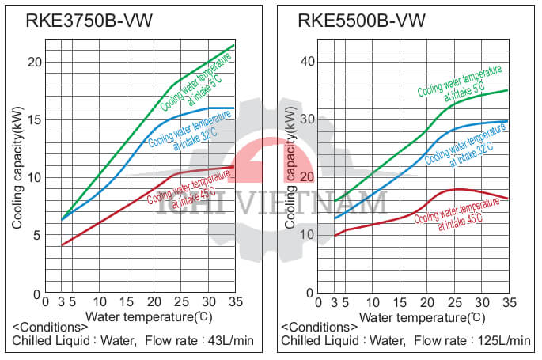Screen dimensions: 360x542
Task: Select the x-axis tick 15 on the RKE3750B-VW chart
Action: point(127,302)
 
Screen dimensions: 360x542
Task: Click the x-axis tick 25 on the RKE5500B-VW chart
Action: point(454,302)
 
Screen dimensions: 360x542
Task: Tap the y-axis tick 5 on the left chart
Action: point(36,235)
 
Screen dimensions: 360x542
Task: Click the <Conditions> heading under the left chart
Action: point(49,327)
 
